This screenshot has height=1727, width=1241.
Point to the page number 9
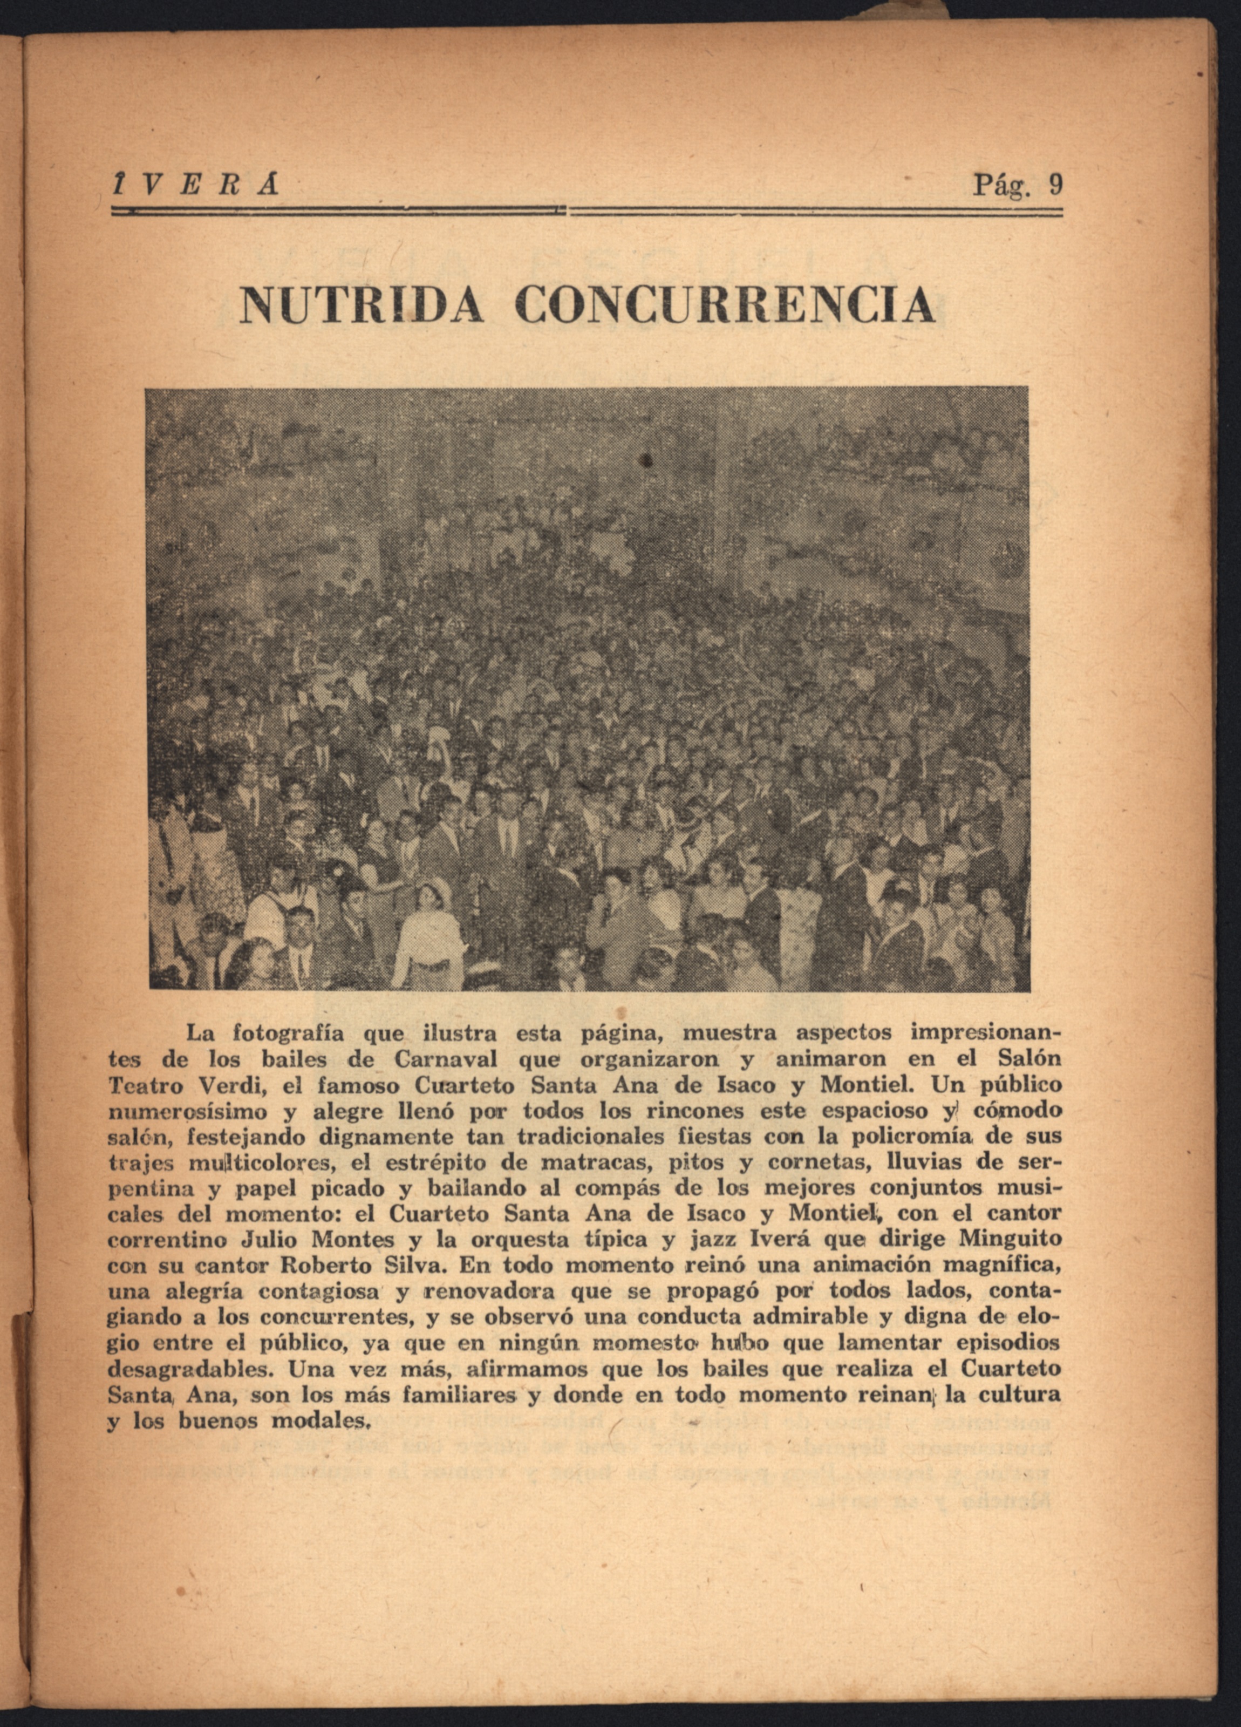[x=1054, y=185]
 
